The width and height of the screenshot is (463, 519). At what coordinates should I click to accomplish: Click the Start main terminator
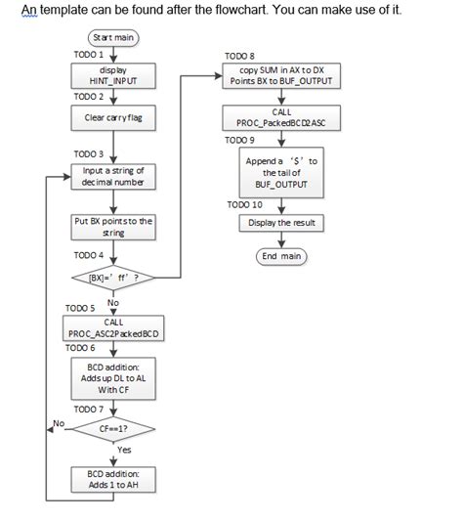(x=114, y=37)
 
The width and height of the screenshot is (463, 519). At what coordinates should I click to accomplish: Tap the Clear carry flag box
(x=114, y=118)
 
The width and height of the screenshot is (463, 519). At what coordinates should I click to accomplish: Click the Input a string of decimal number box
(x=114, y=177)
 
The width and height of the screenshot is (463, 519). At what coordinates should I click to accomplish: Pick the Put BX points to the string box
(x=114, y=227)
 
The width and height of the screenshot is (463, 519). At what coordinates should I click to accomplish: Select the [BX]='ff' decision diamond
(x=114, y=277)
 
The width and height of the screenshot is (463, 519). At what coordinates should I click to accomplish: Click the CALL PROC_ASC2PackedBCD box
(x=114, y=328)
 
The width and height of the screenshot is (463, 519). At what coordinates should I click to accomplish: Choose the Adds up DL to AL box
(x=114, y=377)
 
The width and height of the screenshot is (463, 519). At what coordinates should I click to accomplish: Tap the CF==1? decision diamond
(x=114, y=428)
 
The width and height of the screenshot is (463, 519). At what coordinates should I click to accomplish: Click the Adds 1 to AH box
(x=114, y=479)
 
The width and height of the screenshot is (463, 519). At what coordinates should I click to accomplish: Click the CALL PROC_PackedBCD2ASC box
(x=281, y=118)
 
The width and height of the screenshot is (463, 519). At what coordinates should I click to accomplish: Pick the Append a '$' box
(x=281, y=173)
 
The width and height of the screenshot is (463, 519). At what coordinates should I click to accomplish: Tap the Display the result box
(x=281, y=223)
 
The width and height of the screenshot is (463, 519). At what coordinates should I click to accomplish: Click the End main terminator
(x=281, y=256)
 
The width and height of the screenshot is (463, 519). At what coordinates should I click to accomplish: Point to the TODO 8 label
(x=239, y=57)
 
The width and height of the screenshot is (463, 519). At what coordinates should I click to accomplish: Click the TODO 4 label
(x=89, y=255)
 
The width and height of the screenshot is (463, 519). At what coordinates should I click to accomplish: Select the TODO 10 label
(x=244, y=204)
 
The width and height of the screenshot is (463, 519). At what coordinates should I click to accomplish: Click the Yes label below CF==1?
(x=124, y=451)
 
